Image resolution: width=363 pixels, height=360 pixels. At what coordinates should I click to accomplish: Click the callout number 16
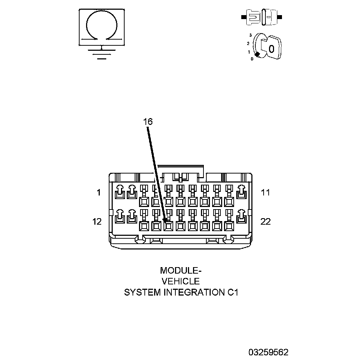pyautogui.click(x=148, y=122)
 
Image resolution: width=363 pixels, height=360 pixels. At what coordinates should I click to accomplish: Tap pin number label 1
pyautogui.click(x=98, y=193)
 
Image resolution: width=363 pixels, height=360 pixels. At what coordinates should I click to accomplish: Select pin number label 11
pyautogui.click(x=265, y=193)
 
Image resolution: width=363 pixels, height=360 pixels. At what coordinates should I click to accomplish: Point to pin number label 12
pyautogui.click(x=97, y=221)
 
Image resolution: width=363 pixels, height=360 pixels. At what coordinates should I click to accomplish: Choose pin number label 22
pyautogui.click(x=265, y=221)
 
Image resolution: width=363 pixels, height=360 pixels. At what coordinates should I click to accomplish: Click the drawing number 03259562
pyautogui.click(x=268, y=352)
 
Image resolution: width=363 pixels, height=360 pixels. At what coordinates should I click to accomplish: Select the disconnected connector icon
pyautogui.click(x=262, y=17)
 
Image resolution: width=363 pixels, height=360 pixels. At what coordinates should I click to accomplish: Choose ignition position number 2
pyautogui.click(x=248, y=44)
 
